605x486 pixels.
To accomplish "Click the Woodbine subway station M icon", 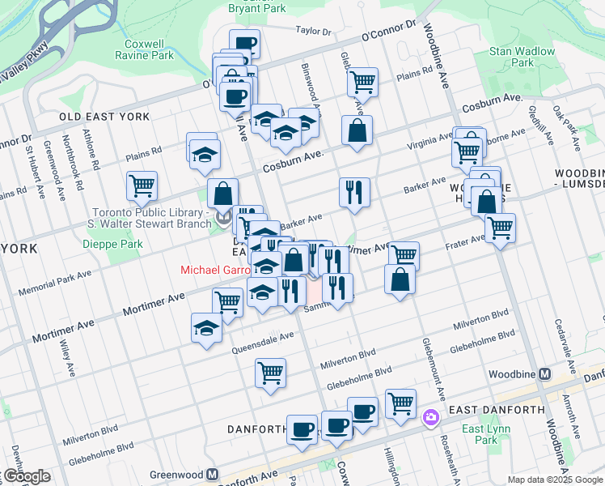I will (544, 374).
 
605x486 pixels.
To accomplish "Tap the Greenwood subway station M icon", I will (213, 475).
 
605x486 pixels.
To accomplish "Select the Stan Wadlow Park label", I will (522, 56).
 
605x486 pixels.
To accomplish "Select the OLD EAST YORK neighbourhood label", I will (104, 117).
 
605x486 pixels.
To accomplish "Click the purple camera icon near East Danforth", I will (430, 418).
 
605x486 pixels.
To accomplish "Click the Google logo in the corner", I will (26, 476).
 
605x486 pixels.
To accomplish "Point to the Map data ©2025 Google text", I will (554, 480).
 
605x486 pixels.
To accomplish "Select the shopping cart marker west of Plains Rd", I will (142, 185).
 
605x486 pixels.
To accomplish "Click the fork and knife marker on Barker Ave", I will (354, 192).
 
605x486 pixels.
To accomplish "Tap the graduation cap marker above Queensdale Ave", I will (206, 328).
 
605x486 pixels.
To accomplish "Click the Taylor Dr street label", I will (314, 32).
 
